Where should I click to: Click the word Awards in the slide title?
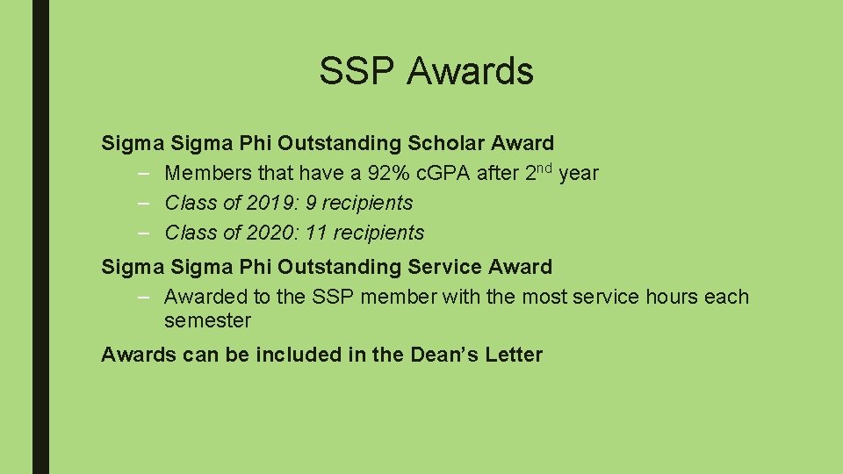click(x=470, y=72)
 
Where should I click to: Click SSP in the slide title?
click(x=357, y=72)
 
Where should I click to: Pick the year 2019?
click(x=272, y=203)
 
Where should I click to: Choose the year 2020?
click(x=272, y=233)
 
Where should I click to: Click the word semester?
click(x=207, y=321)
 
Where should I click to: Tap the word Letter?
click(x=512, y=355)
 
